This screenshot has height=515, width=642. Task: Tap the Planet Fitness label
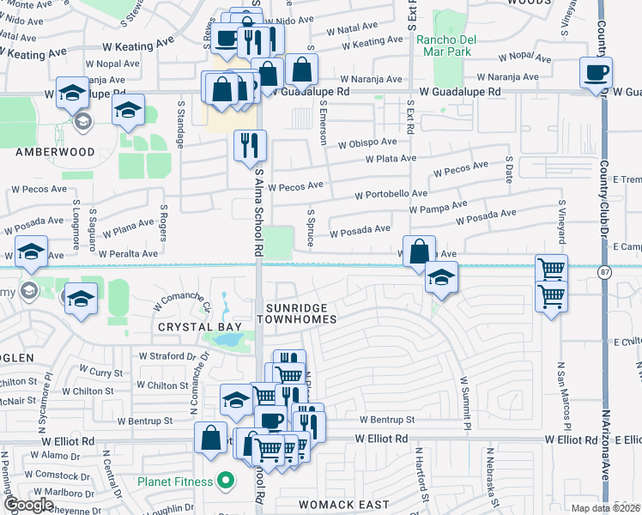(175, 482)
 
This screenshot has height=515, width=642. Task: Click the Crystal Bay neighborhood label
(190, 327)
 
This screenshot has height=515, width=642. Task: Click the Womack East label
(343, 505)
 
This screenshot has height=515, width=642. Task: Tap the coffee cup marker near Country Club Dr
(596, 71)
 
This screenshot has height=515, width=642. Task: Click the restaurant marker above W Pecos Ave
(251, 144)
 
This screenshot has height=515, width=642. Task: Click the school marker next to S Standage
(128, 109)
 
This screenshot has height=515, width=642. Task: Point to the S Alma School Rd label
(257, 213)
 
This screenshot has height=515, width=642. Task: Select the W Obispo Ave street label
(367, 143)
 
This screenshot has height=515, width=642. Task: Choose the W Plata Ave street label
(391, 159)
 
